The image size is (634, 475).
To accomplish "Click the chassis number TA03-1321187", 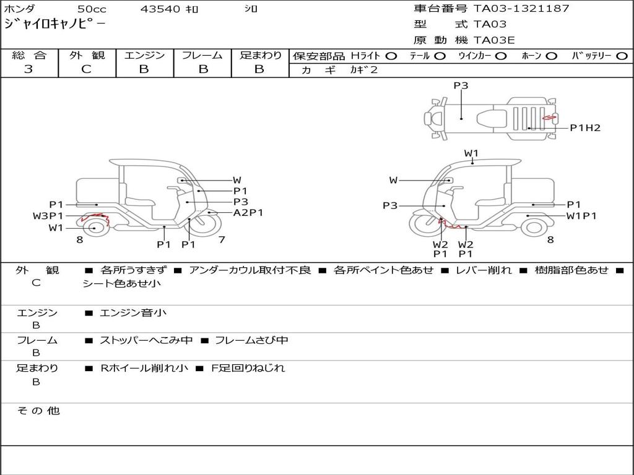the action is (521, 9).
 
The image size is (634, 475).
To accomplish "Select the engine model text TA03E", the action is (494, 40).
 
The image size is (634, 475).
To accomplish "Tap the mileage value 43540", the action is (160, 9).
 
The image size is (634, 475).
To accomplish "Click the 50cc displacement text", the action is (92, 9).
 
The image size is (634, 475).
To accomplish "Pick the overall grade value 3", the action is (28, 69).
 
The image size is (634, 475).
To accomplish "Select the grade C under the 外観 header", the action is (86, 69).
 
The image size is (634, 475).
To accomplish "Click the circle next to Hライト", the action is (391, 56).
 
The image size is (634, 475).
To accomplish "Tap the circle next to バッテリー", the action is (622, 56).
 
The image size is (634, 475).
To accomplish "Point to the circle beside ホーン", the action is (552, 56).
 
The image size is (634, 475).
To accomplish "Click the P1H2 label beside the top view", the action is (585, 128).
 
